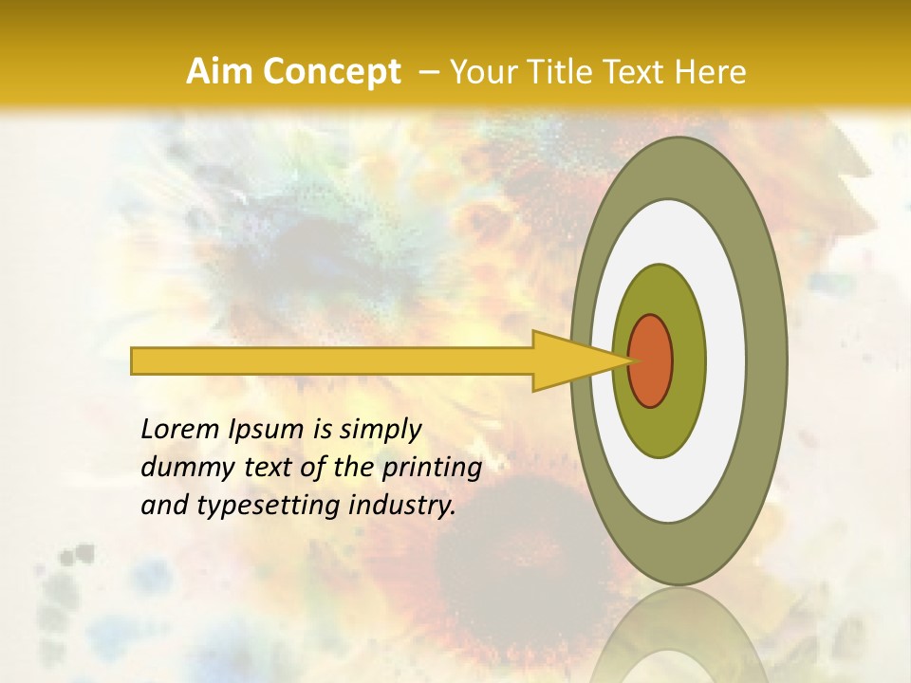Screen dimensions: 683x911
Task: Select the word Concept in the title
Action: [x=331, y=71]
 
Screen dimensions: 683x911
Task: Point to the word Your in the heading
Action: [x=483, y=71]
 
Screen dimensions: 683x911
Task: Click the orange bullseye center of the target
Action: [x=651, y=360]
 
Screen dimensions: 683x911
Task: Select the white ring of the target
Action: [x=727, y=360]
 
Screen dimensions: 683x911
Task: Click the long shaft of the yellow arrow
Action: [x=332, y=361]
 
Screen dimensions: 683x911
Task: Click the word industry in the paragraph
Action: [x=402, y=507]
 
